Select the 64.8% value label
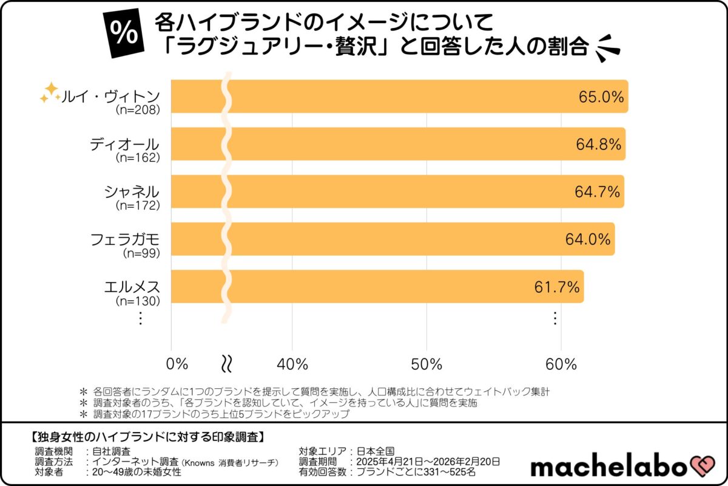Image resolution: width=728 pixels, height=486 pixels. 598,145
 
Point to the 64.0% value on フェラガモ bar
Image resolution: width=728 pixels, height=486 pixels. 587,239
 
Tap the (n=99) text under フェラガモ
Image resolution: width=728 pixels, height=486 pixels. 141,253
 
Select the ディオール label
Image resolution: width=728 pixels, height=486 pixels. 124,145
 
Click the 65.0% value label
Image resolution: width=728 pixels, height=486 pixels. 599,97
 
